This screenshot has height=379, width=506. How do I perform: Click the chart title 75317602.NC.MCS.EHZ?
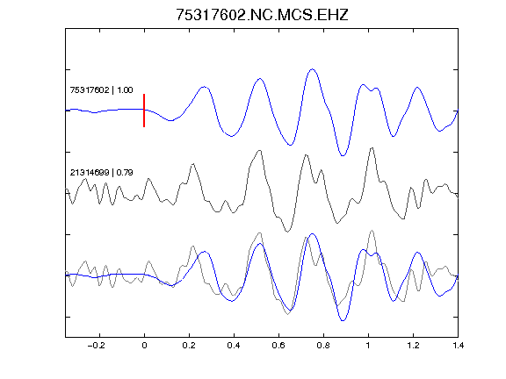coord(262,15)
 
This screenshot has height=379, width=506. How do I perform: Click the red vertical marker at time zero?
coord(144,111)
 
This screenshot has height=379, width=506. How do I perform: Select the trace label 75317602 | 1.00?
coord(101,89)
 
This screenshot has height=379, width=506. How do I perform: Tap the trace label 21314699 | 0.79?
coord(101,173)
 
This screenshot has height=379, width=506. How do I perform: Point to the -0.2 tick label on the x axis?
coord(96,346)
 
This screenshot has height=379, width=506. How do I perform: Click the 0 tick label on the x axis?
coord(144,346)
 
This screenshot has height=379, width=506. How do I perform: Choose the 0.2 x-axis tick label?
coord(189,346)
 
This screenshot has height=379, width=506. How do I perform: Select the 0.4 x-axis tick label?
coord(234,346)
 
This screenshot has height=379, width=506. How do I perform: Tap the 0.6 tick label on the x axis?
coord(278,346)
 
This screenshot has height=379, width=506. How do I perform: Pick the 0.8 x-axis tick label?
coord(323,346)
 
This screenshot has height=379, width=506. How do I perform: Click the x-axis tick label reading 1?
coord(368,346)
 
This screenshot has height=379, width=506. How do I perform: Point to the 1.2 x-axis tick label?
coord(413,346)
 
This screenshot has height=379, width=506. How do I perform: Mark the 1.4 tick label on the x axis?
coord(458,346)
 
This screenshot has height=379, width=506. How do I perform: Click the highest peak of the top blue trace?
coord(312,69)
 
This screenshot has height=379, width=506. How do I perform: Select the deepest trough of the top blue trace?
coord(343,155)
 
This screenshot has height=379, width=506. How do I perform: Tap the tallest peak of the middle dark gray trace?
coord(372,148)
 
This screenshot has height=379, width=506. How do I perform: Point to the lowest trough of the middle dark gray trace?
coord(287,232)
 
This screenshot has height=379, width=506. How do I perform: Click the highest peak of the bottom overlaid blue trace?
coord(312,233)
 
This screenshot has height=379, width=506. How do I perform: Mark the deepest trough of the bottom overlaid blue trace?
coord(343,321)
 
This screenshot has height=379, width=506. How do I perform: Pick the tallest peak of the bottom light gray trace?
coord(372,231)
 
